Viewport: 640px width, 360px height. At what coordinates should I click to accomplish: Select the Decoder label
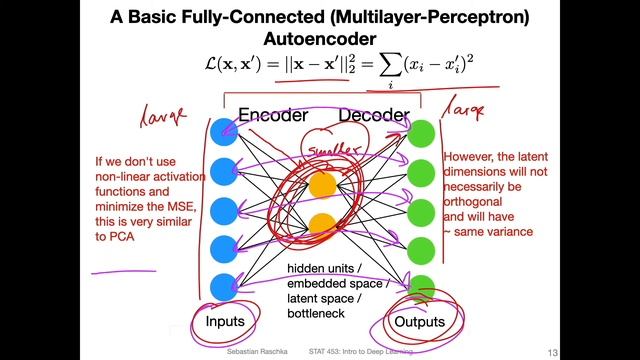point(374,115)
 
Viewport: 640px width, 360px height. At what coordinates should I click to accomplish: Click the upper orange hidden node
point(321,184)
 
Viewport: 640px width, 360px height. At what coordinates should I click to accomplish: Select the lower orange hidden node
point(321,223)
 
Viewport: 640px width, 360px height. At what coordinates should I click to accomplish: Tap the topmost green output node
point(423,131)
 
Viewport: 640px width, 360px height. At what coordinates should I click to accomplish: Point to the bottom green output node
point(423,287)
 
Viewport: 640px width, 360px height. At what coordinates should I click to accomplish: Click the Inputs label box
point(224,321)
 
